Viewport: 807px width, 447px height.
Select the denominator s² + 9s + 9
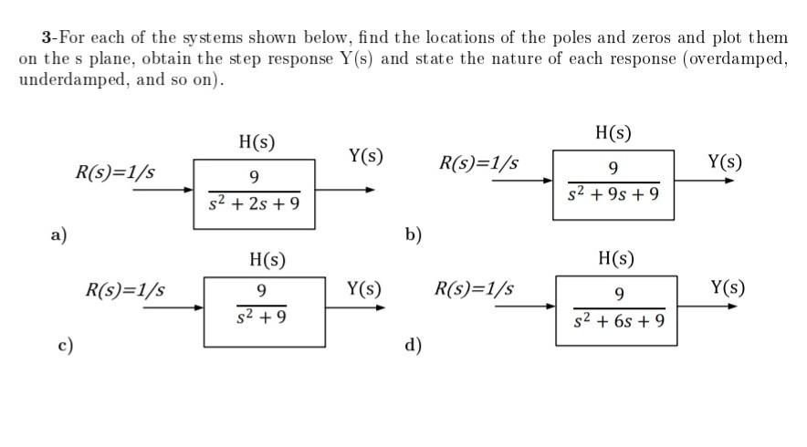[x=613, y=194]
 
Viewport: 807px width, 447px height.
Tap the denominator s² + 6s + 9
[x=620, y=321]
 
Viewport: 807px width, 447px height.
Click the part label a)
[x=59, y=234]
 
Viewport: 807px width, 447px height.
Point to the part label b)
[x=414, y=234]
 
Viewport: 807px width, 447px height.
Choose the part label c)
[x=64, y=345]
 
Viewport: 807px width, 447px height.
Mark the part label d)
[x=414, y=345]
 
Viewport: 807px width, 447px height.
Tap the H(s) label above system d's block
[x=616, y=258]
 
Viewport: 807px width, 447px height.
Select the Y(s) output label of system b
[x=725, y=162]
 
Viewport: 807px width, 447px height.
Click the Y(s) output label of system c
[x=364, y=289]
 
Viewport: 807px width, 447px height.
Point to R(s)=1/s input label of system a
[x=115, y=172]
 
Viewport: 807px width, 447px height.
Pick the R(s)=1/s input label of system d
[x=474, y=289]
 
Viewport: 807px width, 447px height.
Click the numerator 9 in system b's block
[x=613, y=167]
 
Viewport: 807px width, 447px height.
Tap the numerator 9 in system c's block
[x=262, y=291]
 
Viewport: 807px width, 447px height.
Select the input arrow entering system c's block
[x=174, y=307]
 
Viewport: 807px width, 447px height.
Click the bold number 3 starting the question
[x=45, y=37]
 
